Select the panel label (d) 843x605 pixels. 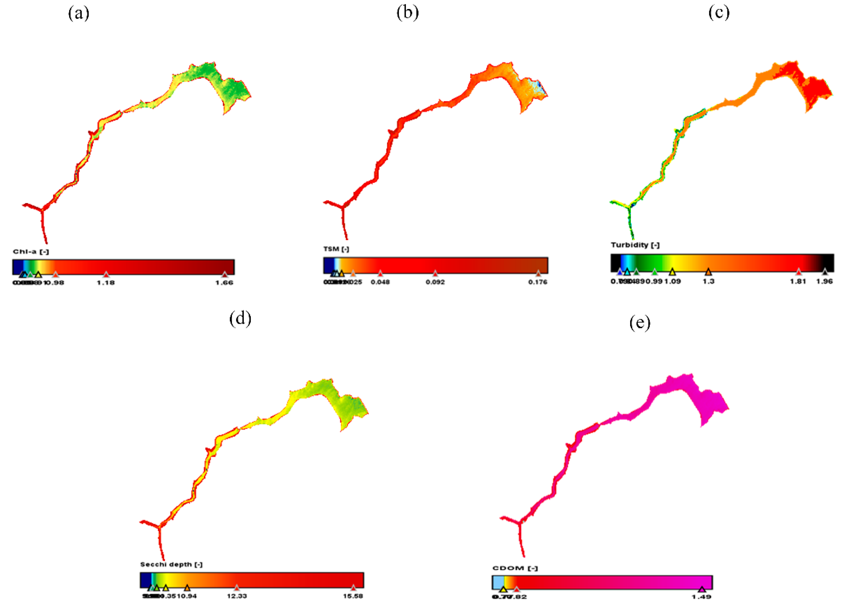click(x=240, y=318)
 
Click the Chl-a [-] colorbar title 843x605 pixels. click(x=31, y=252)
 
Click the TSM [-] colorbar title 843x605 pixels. click(x=336, y=249)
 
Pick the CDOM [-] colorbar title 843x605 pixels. click(x=515, y=568)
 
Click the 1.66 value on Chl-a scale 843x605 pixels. click(x=224, y=283)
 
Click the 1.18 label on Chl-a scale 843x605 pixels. click(x=106, y=283)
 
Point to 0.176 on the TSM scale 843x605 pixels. click(x=538, y=282)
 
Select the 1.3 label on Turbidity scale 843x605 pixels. click(x=708, y=281)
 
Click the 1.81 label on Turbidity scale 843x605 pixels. click(x=798, y=281)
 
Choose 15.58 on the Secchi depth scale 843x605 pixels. click(x=353, y=596)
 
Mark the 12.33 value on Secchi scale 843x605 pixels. click(x=237, y=596)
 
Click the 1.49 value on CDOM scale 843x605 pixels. click(x=701, y=597)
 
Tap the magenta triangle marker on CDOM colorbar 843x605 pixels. click(x=701, y=589)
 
